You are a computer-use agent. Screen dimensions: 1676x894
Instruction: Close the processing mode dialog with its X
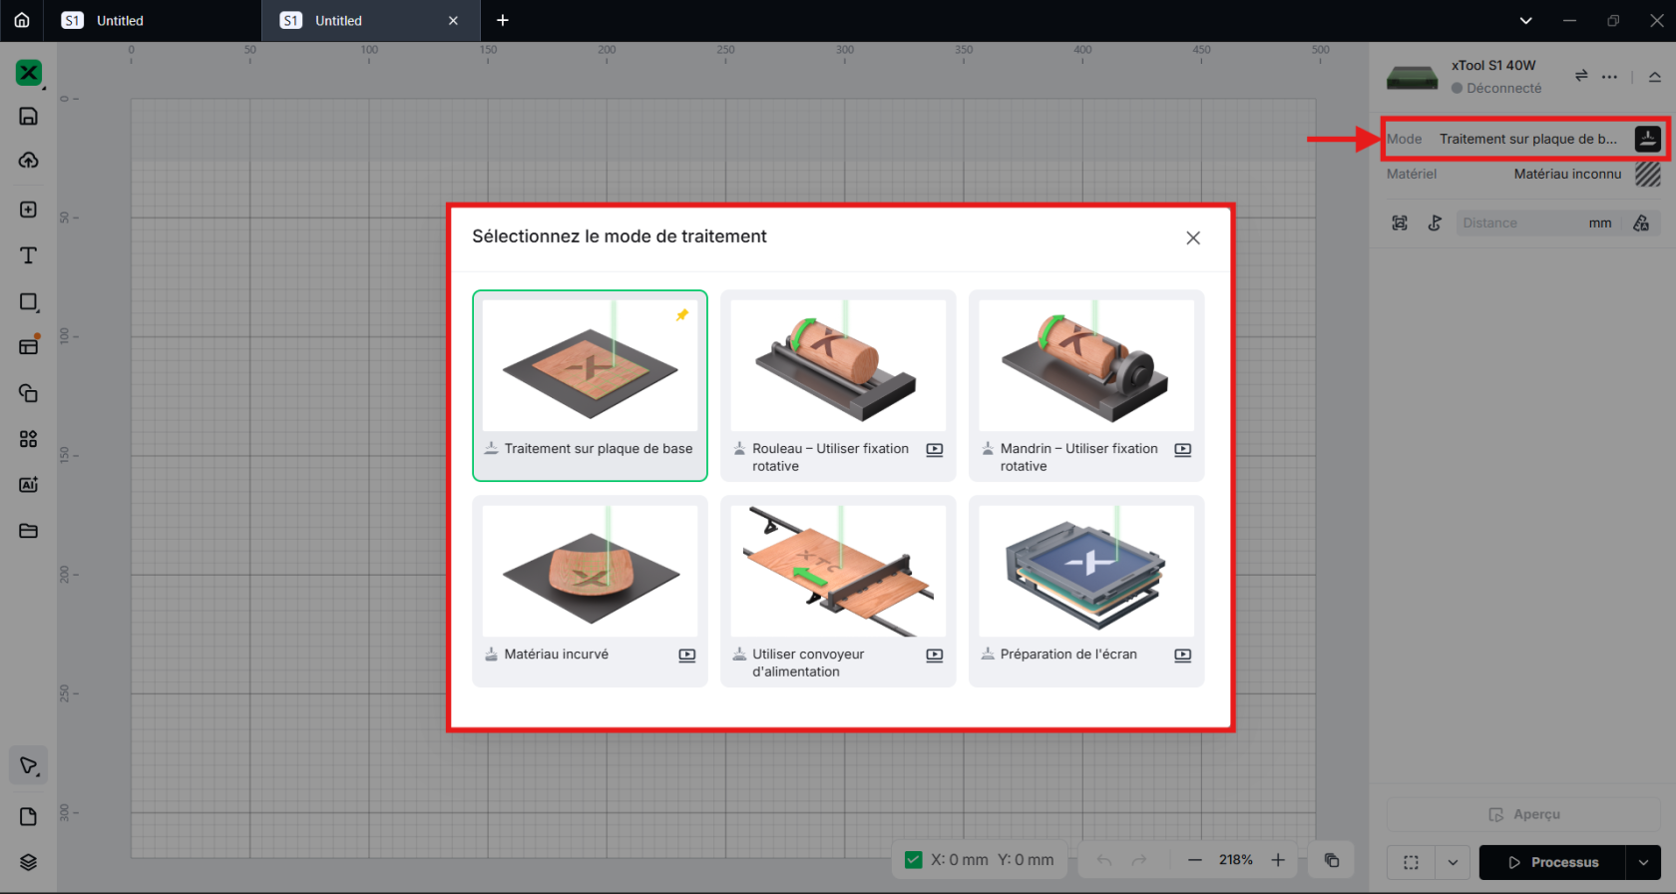[1193, 237]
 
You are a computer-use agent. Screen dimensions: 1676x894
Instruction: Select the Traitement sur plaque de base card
[590, 385]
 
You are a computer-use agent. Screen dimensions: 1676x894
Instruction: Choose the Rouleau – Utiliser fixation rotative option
[838, 385]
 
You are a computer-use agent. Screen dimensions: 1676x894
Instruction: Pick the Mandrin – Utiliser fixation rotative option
[1086, 385]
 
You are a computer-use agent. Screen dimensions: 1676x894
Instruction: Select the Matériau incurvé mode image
[591, 571]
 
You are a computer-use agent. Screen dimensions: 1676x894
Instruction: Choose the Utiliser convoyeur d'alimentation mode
[838, 591]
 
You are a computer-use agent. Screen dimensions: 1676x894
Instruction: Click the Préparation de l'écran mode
[1086, 591]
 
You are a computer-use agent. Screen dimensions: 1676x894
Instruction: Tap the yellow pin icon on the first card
[681, 315]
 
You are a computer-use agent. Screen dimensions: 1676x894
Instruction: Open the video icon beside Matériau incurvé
[686, 656]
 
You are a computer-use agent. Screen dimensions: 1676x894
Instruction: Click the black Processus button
[1552, 862]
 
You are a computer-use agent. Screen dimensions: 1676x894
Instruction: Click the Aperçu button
[1524, 814]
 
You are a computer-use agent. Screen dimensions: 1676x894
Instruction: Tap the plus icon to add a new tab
[503, 20]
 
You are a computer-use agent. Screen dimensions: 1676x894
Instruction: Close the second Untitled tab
[453, 21]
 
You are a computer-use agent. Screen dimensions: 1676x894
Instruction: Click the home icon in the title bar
[22, 20]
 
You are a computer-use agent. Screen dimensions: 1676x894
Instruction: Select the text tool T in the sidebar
[28, 255]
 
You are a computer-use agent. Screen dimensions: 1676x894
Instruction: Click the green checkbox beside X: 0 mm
[913, 860]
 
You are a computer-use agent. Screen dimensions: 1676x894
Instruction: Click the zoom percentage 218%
[1236, 860]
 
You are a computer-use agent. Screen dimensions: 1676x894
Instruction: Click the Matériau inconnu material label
[1567, 174]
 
